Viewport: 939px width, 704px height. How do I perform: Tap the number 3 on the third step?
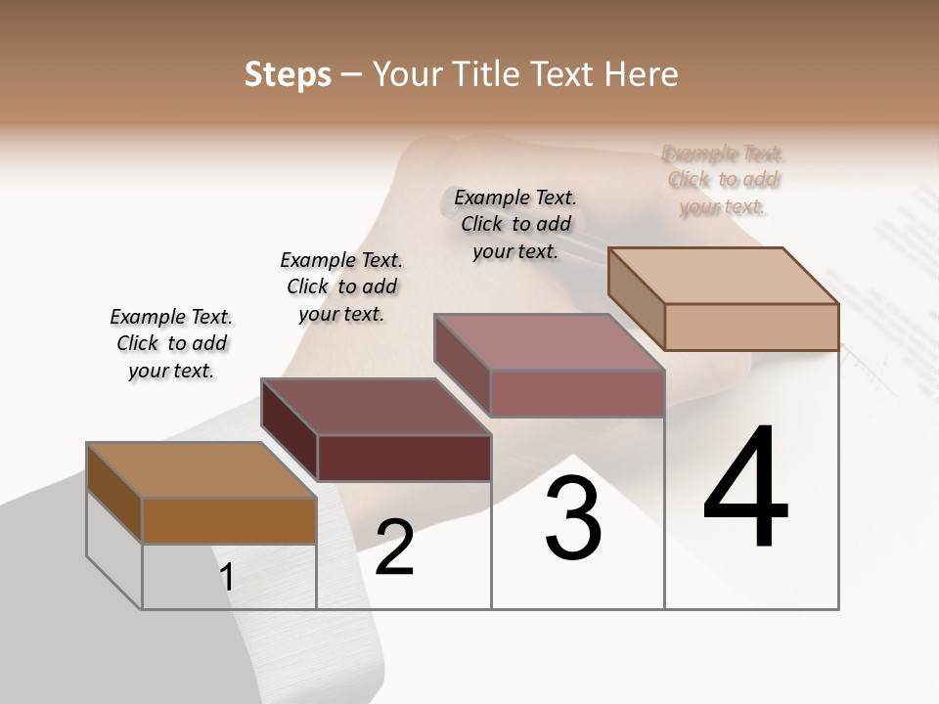(572, 518)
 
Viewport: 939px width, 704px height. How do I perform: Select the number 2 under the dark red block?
(394, 548)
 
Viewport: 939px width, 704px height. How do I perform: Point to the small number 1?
(226, 577)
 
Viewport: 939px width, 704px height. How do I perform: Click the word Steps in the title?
(288, 74)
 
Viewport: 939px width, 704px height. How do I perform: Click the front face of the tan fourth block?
(751, 327)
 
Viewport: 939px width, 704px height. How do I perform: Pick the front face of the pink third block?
(577, 393)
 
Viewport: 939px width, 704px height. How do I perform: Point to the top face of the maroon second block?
(377, 406)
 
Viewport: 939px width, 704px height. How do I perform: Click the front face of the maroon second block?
(404, 458)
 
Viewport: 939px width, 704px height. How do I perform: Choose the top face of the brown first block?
(201, 470)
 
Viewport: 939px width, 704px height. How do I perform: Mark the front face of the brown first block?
(229, 520)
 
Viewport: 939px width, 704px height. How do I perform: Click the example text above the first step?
(171, 343)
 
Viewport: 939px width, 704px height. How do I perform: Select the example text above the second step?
(341, 286)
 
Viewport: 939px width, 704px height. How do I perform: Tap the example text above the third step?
(515, 224)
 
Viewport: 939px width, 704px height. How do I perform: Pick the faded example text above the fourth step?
(724, 180)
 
